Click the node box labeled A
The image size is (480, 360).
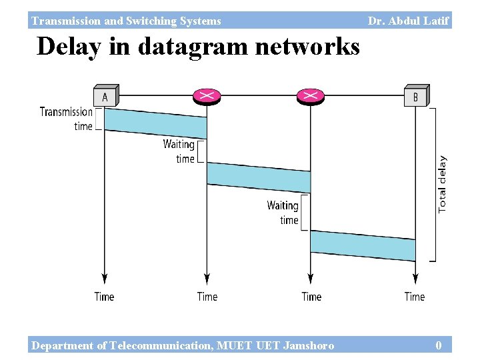pos(105,96)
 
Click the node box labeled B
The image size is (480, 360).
pos(416,96)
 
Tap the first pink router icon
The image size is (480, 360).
pos(207,96)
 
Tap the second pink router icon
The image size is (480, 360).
pos(311,96)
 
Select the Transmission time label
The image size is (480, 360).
pos(66,119)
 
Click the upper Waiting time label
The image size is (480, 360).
pos(179,151)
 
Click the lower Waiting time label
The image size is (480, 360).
pos(283,213)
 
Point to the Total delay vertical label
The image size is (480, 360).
pos(443,185)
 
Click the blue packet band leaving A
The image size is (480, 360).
pos(156,123)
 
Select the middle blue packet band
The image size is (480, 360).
pos(259,177)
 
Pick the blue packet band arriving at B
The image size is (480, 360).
pos(363,245)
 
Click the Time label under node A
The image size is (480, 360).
pos(104,297)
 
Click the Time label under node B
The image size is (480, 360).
pos(415,297)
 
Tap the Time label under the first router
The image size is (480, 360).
pos(207,297)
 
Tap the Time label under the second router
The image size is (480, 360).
pos(311,297)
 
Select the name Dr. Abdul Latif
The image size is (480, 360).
pos(409,21)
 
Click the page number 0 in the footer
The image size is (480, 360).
pos(438,345)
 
